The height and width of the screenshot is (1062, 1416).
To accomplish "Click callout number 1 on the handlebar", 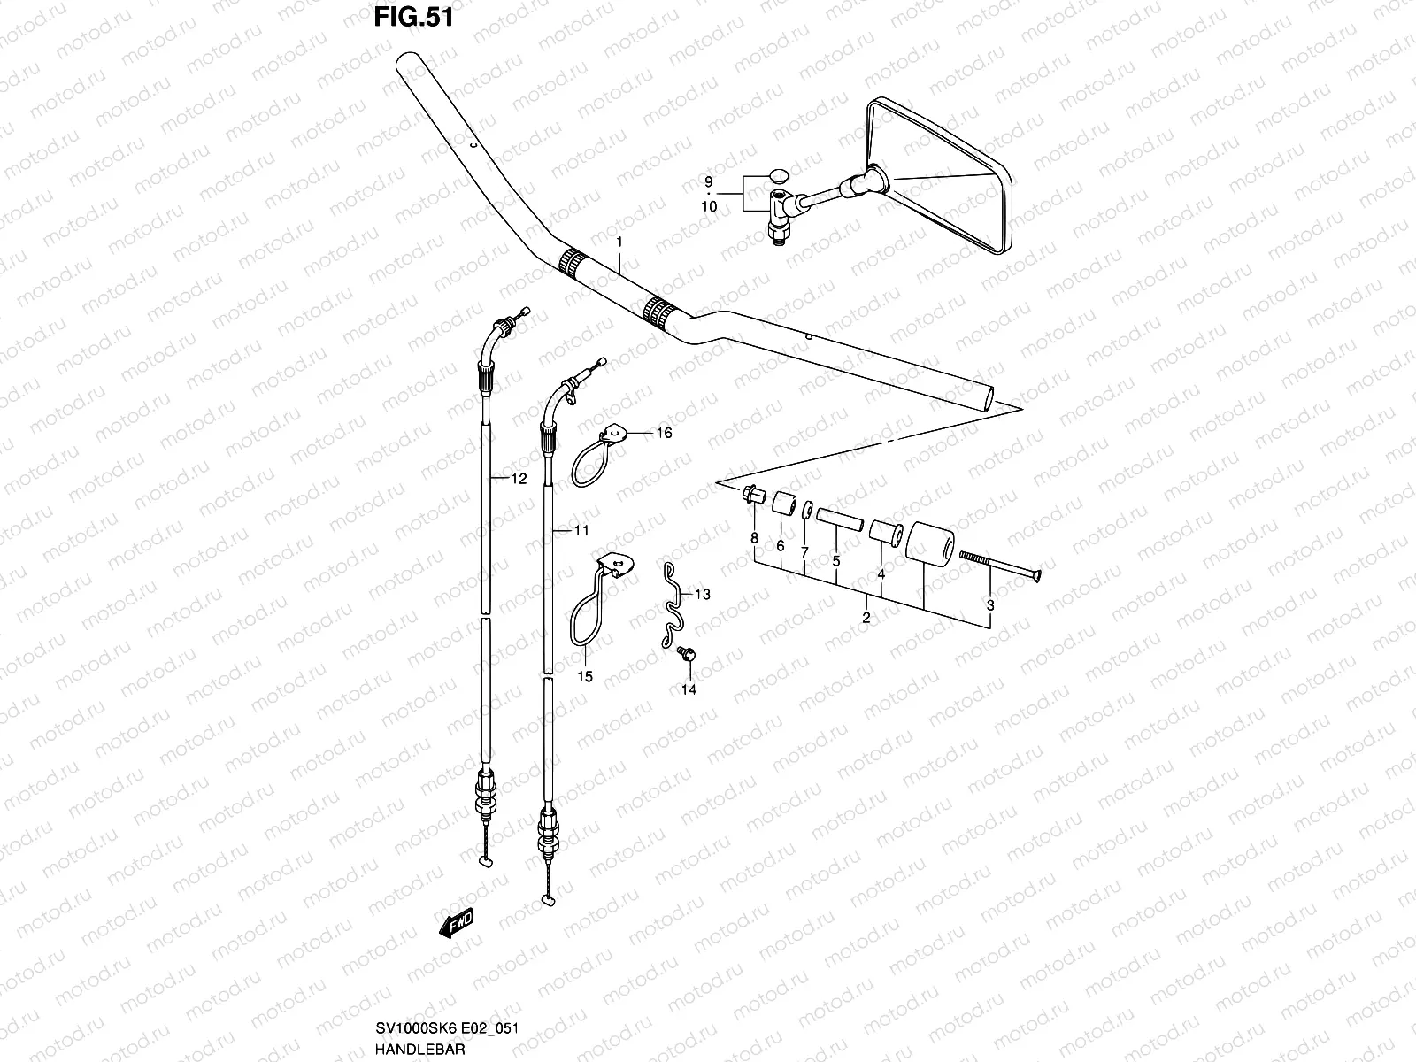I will (619, 242).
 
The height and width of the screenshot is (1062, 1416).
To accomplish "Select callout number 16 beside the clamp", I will (664, 433).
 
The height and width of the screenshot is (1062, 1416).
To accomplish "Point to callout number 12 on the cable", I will (519, 479).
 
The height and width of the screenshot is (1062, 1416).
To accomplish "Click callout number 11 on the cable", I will (581, 531).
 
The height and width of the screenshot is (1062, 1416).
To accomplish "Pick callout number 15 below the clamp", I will (585, 677).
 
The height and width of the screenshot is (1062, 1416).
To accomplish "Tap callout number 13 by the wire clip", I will (702, 595).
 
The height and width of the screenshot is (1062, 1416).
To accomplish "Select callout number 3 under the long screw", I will (990, 605).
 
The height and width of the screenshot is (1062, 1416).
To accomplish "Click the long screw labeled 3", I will (1000, 565).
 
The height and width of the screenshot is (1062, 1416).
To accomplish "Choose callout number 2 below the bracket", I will (866, 618).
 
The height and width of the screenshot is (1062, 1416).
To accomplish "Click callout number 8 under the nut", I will (754, 538).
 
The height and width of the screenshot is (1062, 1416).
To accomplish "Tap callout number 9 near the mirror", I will (708, 181).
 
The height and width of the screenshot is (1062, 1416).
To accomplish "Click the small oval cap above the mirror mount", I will (779, 174).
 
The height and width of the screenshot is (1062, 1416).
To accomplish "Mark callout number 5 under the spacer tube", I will (835, 560).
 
